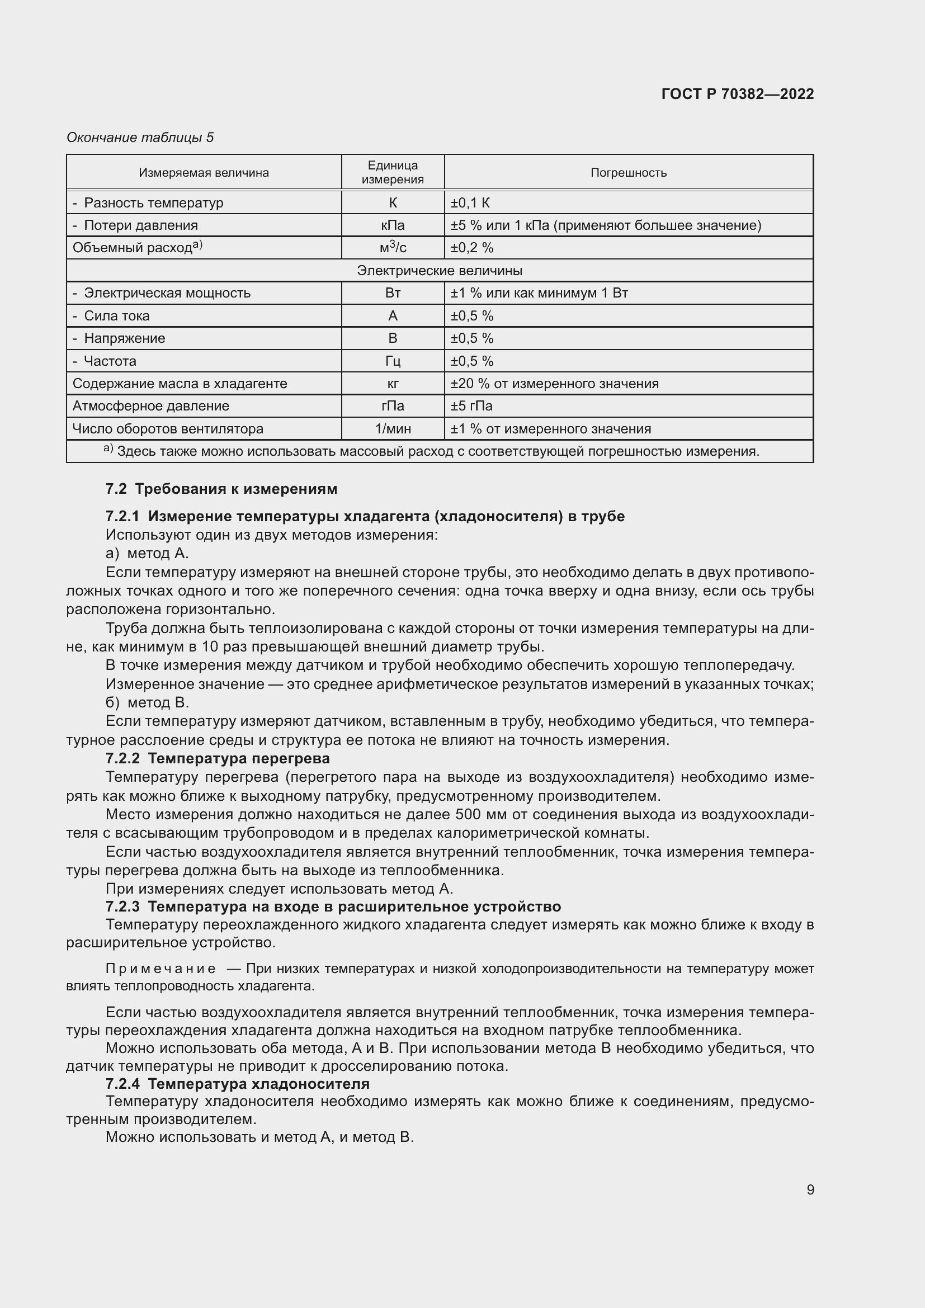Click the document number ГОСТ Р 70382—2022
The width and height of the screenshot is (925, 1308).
click(737, 94)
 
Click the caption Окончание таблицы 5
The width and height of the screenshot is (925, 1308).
click(140, 138)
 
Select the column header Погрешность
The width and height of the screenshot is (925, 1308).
click(628, 173)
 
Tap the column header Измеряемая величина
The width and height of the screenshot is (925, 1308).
click(204, 173)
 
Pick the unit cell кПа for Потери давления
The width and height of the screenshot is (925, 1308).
click(393, 225)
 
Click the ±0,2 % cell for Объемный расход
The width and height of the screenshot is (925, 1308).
click(472, 248)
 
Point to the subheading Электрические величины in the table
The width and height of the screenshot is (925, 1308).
click(439, 271)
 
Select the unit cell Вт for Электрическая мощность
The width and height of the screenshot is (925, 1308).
click(393, 294)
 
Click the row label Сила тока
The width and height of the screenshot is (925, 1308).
click(116, 316)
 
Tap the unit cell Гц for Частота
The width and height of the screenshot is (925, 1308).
click(393, 361)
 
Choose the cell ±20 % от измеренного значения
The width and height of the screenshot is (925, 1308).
click(554, 384)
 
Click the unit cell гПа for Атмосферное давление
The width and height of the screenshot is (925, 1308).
click(393, 406)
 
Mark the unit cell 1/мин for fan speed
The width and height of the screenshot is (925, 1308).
click(393, 429)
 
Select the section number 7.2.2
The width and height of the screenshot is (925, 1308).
click(122, 758)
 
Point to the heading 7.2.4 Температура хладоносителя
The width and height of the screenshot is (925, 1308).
click(238, 1083)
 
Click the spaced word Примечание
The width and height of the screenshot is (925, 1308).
click(161, 969)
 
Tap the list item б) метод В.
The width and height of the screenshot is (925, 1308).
click(147, 702)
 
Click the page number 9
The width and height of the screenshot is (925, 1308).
click(810, 1189)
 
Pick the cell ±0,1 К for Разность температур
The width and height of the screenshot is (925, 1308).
click(470, 203)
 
